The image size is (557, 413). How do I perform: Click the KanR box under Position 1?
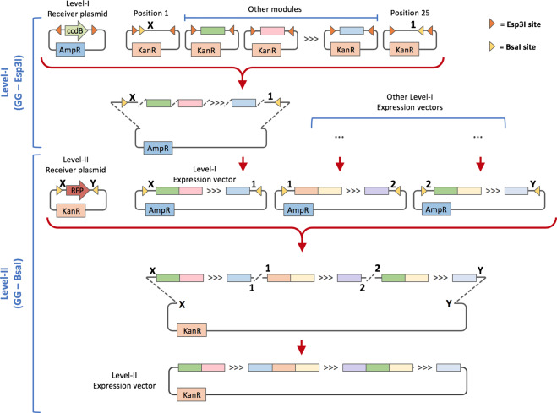point(145,50)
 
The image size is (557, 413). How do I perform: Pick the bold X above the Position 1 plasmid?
point(150,26)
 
